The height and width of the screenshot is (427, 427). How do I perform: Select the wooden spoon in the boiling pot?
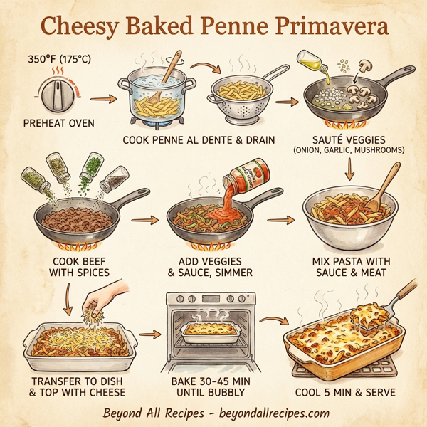click(172, 70)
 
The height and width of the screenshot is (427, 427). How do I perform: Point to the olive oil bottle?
click(315, 64)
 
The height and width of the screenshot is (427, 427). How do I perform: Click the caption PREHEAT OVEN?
click(58, 125)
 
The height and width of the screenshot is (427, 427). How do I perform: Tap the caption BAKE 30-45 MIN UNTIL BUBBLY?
click(211, 387)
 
